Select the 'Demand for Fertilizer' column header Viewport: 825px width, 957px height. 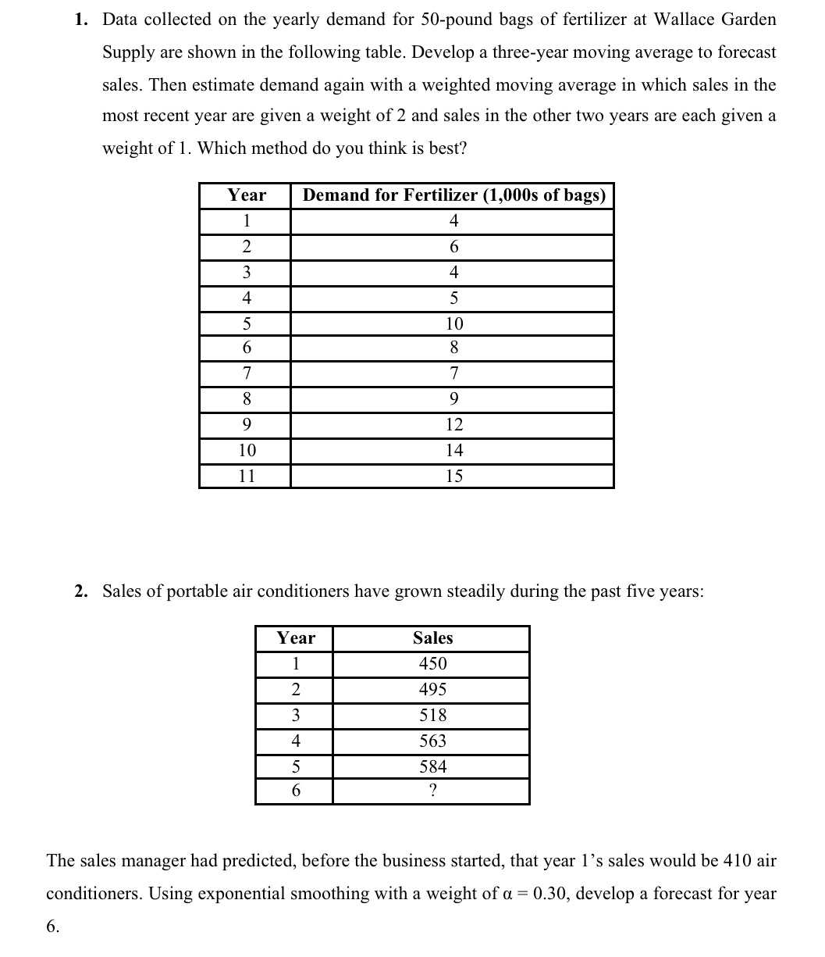tap(453, 195)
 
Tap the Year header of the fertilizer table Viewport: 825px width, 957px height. tap(247, 195)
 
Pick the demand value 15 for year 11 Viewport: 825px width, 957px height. tap(453, 476)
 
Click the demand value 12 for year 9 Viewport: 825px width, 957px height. tap(453, 425)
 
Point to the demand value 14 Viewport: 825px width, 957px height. tap(453, 450)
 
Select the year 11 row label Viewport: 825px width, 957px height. tap(247, 476)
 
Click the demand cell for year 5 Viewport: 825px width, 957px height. tap(453, 323)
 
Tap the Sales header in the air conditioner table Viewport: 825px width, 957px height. tap(432, 638)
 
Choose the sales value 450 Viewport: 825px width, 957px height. tap(432, 664)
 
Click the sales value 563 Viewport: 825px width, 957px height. tap(432, 741)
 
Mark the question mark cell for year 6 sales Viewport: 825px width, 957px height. tap(432, 791)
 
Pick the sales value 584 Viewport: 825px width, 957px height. tap(432, 766)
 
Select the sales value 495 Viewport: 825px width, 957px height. tap(432, 690)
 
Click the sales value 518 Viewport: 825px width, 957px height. tap(432, 715)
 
